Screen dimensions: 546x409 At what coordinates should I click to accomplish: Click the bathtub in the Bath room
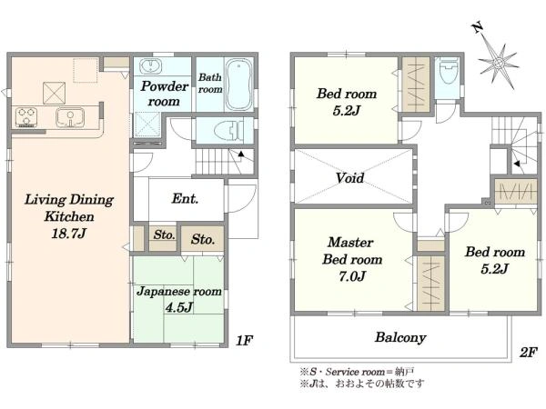pos(238,85)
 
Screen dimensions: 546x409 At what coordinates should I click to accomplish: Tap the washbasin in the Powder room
pos(150,66)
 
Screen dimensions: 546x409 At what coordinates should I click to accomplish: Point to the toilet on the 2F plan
pos(448,71)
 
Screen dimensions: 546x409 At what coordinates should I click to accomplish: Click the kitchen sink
pos(70,117)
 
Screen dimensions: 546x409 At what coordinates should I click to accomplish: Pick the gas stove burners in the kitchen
pos(26,117)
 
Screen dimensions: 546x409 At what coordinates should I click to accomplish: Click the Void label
pos(350,178)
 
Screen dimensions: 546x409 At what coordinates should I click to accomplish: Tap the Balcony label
pos(400,337)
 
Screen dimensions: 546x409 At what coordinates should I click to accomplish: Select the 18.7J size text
pos(68,233)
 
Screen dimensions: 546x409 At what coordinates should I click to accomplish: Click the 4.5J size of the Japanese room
pos(179,307)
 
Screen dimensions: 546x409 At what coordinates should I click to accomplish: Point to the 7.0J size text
pos(352,276)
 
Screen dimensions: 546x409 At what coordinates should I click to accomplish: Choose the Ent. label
pos(185,198)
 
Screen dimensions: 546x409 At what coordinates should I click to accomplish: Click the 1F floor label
pos(244,341)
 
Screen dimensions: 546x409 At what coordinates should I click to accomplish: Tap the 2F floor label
pos(528,353)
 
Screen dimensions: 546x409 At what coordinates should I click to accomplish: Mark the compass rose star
pos(499,64)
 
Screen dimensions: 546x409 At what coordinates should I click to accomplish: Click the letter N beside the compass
pos(477,28)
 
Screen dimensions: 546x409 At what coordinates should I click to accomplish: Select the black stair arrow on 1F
pos(241,154)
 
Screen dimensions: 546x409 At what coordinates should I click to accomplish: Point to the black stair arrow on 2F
pos(518,164)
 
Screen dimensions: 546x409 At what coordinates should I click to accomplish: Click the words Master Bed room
pos(352,251)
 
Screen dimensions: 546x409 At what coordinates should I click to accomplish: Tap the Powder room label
pos(165,94)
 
